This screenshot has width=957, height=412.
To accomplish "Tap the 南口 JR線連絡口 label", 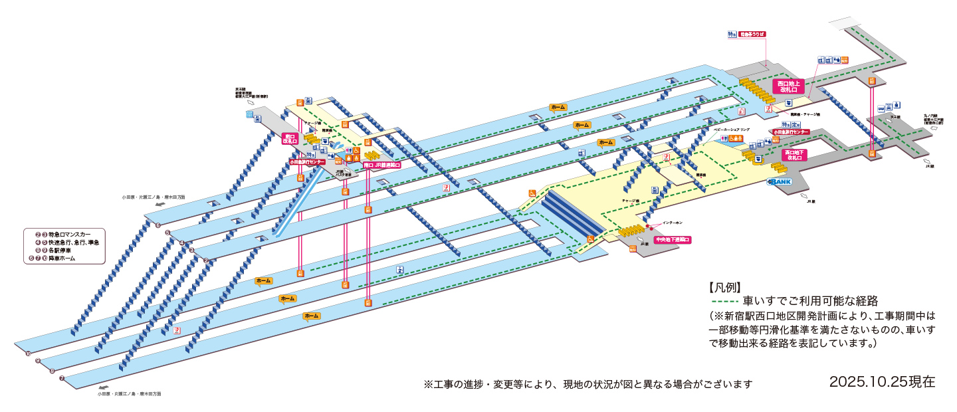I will point(382,164).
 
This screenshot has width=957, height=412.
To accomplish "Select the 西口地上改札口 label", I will point(792,86).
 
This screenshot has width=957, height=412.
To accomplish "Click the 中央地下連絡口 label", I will point(673,239).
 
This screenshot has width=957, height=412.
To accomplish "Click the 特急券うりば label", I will point(752,34).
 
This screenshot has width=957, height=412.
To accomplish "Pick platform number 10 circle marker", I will point(28,354).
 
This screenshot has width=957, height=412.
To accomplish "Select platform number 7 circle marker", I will point(62,379).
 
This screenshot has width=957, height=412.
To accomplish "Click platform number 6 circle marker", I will point(158,225).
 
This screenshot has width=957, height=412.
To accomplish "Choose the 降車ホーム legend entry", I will point(70,258).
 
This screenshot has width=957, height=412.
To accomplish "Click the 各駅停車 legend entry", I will point(70,251).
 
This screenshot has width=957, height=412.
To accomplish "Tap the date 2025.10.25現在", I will point(882,382).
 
